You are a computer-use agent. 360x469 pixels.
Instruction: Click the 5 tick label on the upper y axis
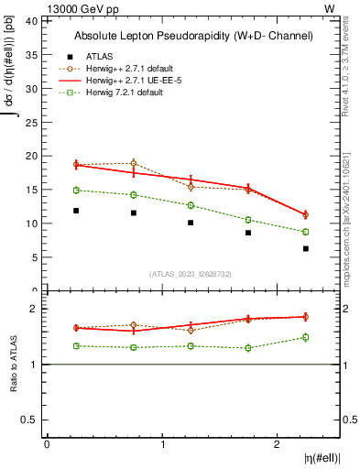35,257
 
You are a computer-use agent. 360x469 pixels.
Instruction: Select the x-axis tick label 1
163,444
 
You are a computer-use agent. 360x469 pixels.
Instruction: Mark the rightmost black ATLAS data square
306,248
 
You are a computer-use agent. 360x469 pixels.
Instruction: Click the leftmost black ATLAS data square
76,211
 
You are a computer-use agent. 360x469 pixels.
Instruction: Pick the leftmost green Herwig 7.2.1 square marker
76,190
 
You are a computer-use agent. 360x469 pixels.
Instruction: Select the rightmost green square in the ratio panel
306,337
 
